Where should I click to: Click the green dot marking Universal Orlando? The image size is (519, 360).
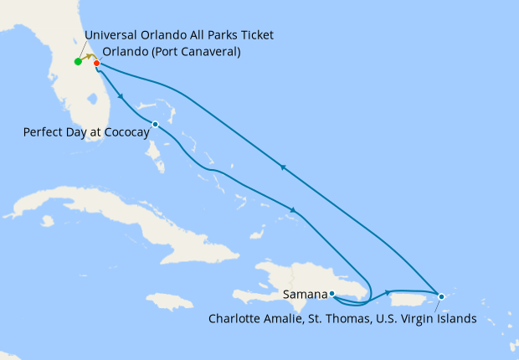[78, 62]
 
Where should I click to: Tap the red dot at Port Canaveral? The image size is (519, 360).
[97, 64]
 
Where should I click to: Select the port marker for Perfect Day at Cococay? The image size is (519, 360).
[155, 125]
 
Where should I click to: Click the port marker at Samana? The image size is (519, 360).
[332, 294]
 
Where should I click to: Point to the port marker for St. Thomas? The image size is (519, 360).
[441, 296]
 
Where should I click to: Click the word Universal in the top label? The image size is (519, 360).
[112, 35]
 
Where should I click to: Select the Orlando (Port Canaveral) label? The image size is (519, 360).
[172, 51]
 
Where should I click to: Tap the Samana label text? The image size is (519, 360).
[305, 295]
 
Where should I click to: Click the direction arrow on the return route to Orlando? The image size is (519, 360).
[283, 167]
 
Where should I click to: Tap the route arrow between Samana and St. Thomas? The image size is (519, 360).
[388, 292]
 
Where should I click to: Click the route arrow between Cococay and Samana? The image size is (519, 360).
[292, 210]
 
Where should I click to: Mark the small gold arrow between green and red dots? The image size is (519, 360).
[88, 58]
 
